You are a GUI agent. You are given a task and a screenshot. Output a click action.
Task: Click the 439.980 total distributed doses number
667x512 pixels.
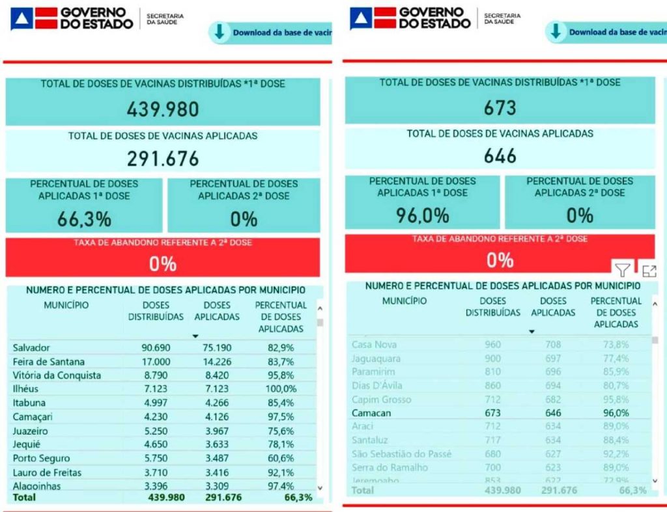[x=163, y=109]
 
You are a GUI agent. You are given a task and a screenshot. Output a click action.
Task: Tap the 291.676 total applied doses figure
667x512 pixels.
[x=163, y=158]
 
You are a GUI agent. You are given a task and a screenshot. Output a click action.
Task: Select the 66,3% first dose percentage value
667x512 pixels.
[x=84, y=219]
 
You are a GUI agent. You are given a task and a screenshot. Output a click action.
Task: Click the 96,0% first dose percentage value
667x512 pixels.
[x=423, y=215]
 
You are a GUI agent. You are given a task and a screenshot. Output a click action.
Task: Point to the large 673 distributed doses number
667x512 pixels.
[x=500, y=107]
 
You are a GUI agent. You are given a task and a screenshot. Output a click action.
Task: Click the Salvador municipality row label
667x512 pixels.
[x=31, y=347]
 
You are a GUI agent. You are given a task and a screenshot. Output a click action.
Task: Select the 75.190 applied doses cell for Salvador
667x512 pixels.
[x=216, y=347]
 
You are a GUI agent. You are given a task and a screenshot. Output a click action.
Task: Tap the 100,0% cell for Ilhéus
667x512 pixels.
[x=281, y=389]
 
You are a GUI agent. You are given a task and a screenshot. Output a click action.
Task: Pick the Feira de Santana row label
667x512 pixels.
[x=49, y=362]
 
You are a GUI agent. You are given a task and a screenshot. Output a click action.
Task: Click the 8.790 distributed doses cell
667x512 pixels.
[x=156, y=375]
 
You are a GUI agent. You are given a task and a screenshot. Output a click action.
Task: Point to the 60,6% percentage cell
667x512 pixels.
[x=281, y=459]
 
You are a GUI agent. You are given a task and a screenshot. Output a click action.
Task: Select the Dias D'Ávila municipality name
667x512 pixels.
[x=377, y=385]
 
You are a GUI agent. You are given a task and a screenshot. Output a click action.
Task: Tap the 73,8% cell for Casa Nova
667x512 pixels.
[x=616, y=344]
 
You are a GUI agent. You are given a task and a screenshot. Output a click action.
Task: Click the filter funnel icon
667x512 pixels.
[x=623, y=270]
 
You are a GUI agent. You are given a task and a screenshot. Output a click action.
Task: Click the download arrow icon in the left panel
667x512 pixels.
[x=220, y=32]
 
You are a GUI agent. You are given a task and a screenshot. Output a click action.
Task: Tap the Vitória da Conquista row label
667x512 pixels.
[x=57, y=375]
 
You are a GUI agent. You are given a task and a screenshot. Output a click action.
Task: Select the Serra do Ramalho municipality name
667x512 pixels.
[x=390, y=467]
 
